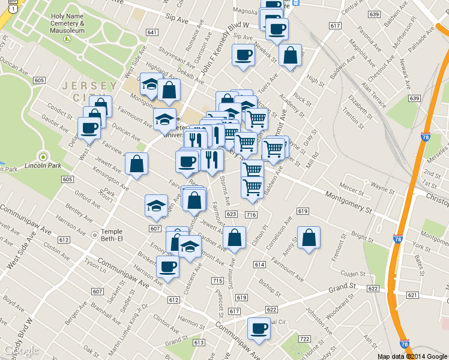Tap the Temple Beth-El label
point(111,235)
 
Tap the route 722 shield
point(304,339)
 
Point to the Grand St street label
point(343,290)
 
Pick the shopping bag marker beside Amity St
point(309,238)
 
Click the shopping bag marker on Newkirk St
point(290,55)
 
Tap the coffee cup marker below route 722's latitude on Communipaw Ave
point(259,329)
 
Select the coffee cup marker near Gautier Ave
point(89,127)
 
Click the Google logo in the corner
point(21,350)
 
